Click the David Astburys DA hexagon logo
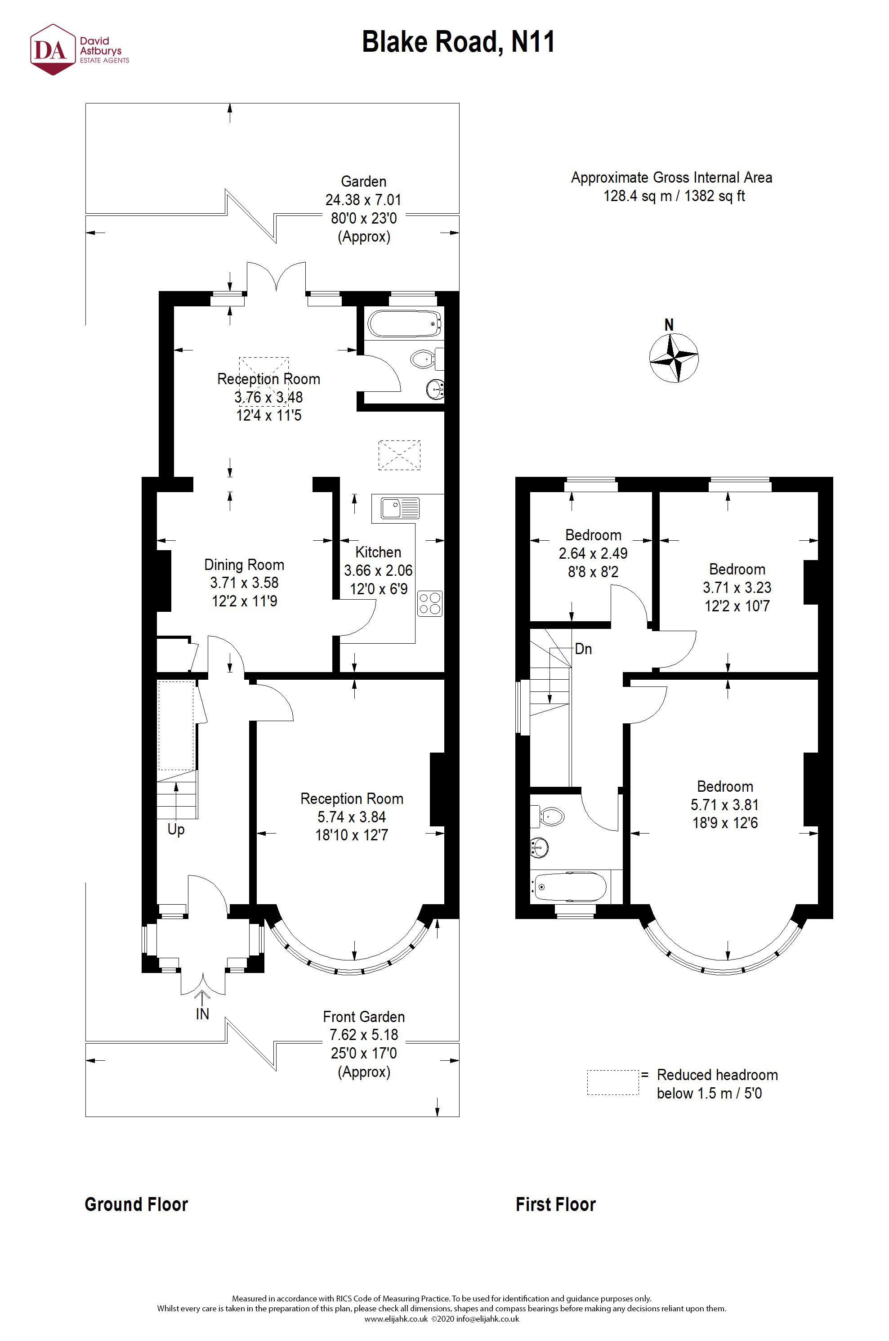tap(52, 50)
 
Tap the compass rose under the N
tap(674, 359)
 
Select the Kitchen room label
tap(378, 552)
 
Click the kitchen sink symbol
tap(400, 507)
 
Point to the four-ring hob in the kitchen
tap(430, 603)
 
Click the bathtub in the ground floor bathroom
tap(404, 324)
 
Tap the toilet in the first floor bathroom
tap(550, 817)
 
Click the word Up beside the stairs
tap(176, 830)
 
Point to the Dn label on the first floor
tap(583, 649)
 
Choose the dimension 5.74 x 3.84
tap(352, 817)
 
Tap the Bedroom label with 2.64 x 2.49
tap(593, 535)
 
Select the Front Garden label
tap(363, 1017)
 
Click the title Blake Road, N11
tap(458, 42)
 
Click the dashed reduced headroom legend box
tap(612, 1082)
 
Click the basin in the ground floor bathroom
tap(435, 390)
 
